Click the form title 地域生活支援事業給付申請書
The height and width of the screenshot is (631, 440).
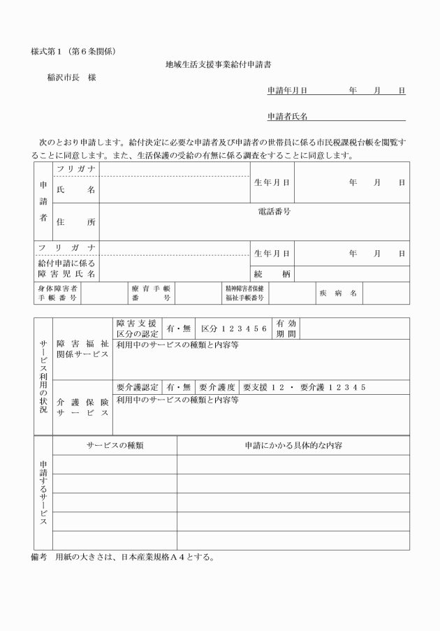219,65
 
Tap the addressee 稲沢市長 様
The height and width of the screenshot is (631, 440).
71,77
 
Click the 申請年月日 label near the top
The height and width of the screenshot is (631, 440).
287,91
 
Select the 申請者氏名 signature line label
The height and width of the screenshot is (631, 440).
287,116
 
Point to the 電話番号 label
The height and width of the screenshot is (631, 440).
274,211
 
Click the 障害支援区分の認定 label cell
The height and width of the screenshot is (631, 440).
137,328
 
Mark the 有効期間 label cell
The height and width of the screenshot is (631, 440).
286,328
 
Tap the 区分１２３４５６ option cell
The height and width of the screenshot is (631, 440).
233,329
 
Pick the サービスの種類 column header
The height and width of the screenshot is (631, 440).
115,445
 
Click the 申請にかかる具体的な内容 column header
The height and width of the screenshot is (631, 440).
293,445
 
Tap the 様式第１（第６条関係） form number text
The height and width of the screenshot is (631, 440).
78,52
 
